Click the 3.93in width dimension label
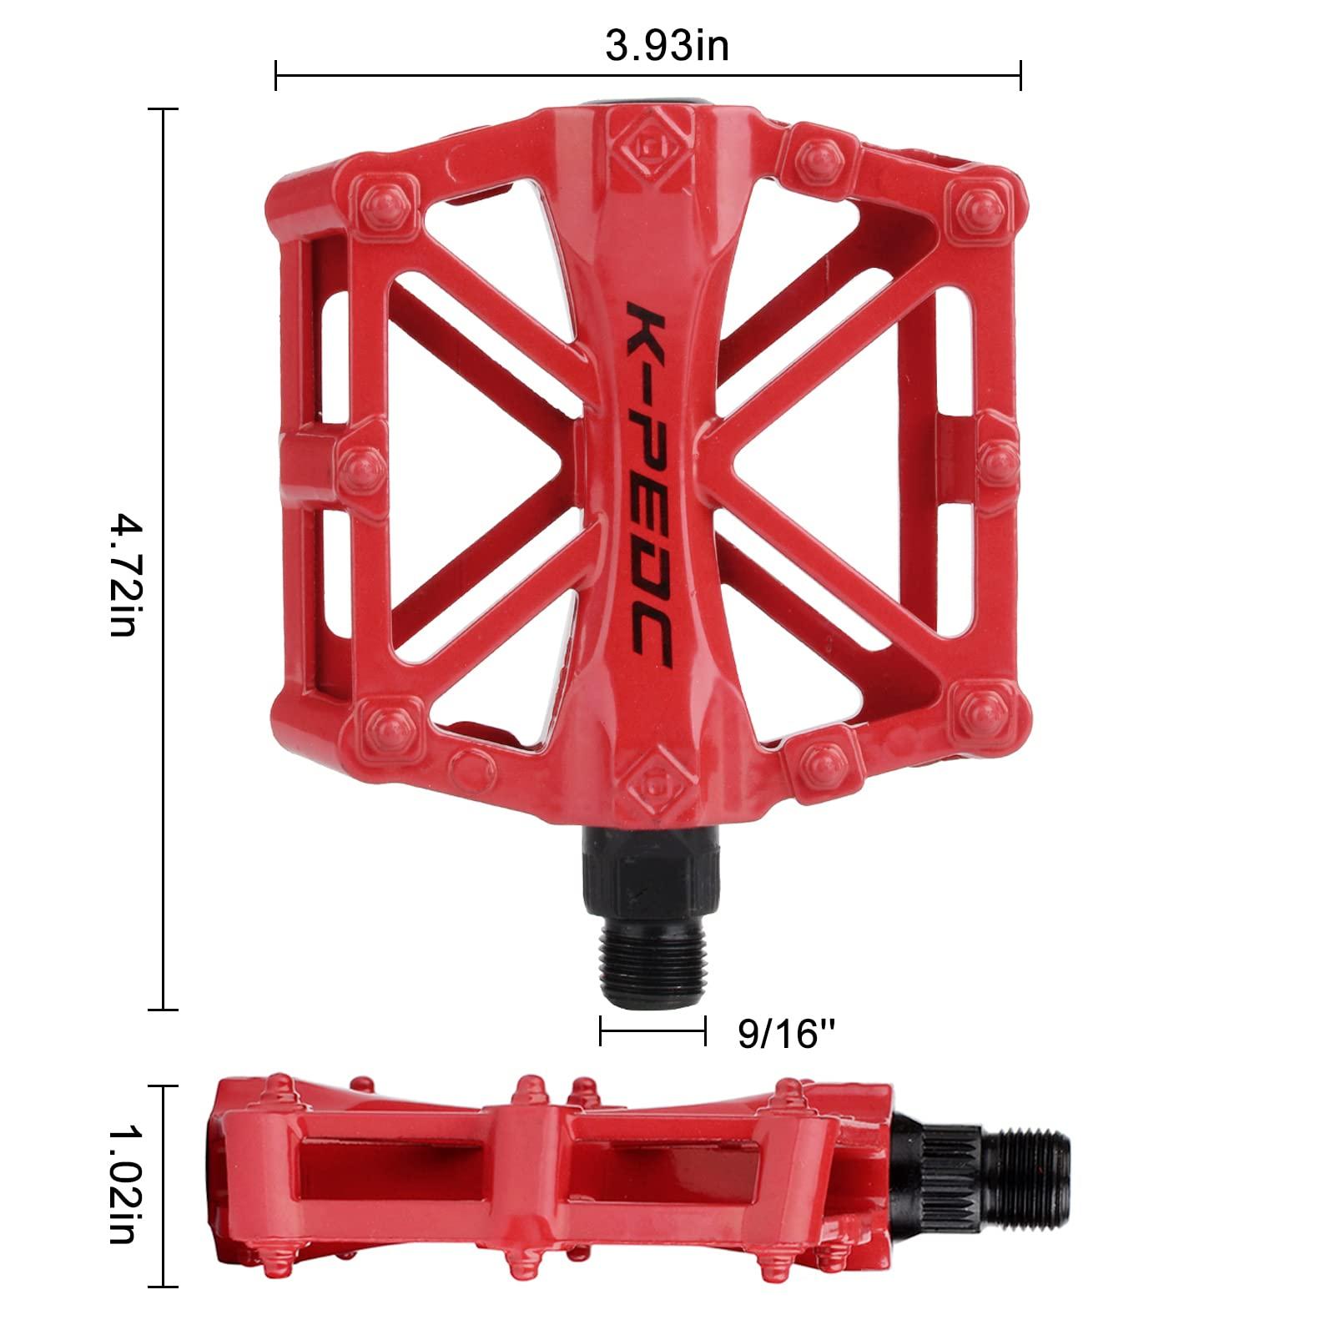coord(667,45)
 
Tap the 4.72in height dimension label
coord(123,576)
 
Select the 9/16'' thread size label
coord(787,1035)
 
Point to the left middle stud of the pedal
coord(360,462)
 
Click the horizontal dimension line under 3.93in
coord(647,77)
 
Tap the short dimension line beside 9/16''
coord(652,1031)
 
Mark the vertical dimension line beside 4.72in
coord(164,559)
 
